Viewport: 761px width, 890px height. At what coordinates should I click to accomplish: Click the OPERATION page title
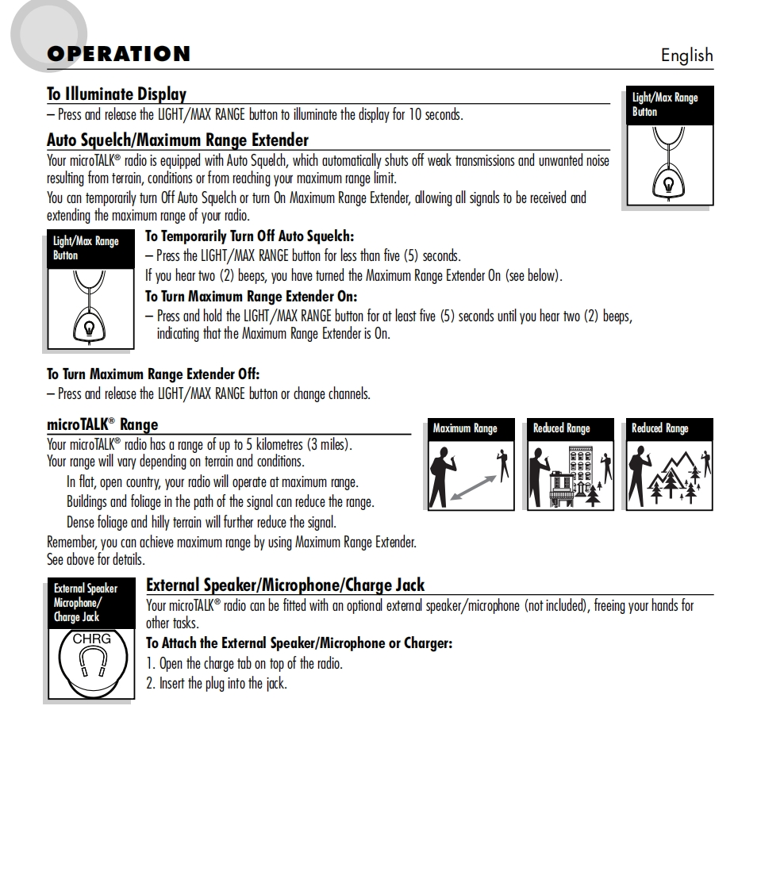118,54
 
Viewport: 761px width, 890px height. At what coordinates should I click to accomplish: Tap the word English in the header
686,55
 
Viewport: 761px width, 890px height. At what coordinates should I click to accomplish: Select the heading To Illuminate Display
117,94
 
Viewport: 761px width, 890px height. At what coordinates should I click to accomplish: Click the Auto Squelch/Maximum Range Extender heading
178,140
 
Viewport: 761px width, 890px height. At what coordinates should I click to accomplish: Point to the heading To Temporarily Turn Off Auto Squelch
249,236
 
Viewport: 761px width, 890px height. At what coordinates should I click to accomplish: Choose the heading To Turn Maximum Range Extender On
251,297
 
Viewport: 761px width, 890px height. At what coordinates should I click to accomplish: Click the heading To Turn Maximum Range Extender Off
153,374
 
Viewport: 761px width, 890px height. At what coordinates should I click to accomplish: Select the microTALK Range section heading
102,424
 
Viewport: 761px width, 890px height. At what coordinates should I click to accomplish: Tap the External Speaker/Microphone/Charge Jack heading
285,585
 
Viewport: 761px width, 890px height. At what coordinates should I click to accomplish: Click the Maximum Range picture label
465,428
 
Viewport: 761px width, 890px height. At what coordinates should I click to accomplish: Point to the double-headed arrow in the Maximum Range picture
474,487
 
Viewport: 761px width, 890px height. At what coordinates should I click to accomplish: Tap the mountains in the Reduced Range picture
671,472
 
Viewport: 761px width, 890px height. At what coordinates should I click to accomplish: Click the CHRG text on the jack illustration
92,638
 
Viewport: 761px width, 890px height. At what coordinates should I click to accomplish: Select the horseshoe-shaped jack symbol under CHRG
93,660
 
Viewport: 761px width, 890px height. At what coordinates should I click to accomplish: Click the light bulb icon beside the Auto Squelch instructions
88,326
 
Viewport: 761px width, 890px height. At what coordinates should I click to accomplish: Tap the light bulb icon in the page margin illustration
668,184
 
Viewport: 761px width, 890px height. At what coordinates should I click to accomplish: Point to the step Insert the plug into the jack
216,683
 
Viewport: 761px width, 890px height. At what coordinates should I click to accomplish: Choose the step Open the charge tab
244,663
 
